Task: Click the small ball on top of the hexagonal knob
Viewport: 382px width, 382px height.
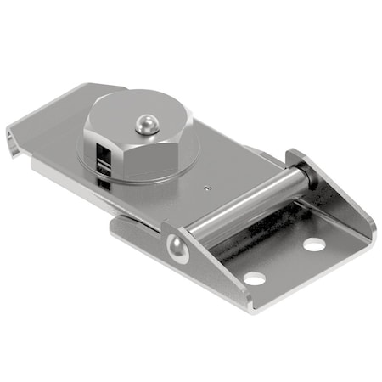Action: coord(144,126)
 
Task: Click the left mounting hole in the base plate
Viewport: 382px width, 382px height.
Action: coord(252,277)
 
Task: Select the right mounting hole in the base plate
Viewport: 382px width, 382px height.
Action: coord(313,244)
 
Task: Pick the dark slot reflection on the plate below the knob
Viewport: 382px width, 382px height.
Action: coord(104,180)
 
